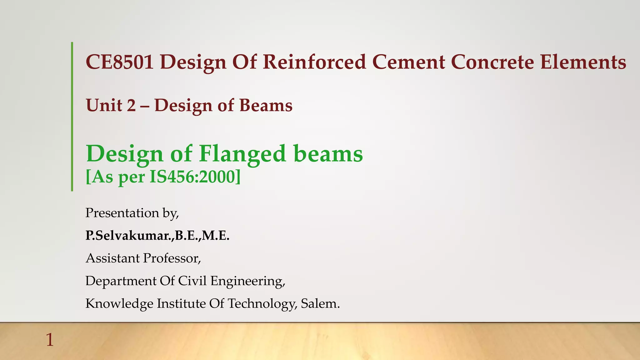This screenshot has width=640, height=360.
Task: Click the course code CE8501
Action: [120, 62]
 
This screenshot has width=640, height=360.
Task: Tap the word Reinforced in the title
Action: [314, 62]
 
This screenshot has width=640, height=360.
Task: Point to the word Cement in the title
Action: [409, 62]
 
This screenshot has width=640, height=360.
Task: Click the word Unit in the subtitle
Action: [104, 105]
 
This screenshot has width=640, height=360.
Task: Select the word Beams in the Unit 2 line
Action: [266, 105]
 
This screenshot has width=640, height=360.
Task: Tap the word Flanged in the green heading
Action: [242, 154]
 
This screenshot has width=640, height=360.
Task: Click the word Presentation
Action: [122, 213]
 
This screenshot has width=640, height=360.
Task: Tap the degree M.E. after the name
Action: [216, 236]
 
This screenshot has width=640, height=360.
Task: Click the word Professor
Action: [172, 258]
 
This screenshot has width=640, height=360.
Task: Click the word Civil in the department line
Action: [192, 281]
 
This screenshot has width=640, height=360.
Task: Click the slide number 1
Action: [50, 340]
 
